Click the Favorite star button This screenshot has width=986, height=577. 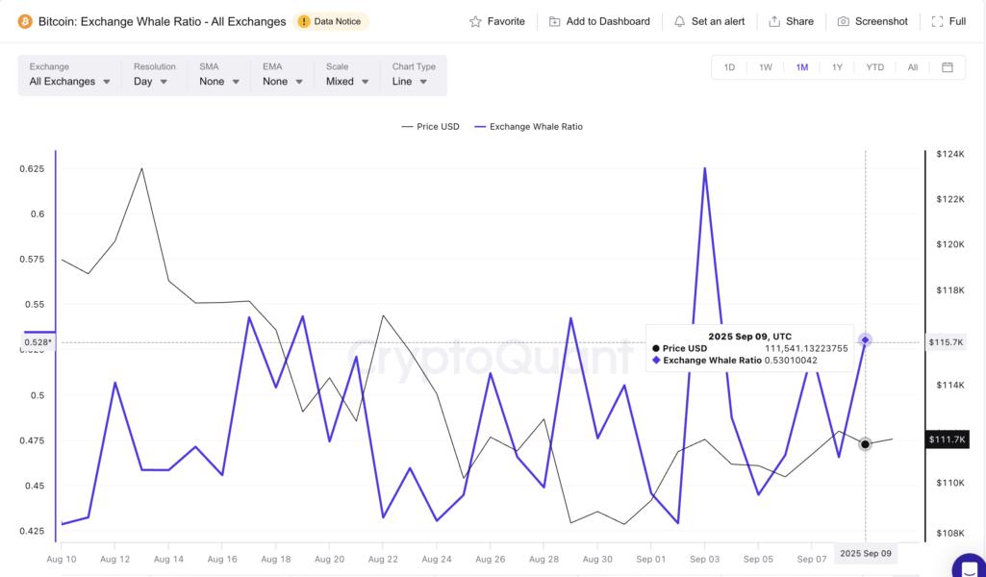[496, 21]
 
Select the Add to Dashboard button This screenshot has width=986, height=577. [599, 21]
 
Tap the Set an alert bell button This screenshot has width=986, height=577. [708, 21]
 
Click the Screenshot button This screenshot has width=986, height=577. [872, 21]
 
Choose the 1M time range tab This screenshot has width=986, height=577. [801, 67]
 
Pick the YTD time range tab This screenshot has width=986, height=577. [874, 67]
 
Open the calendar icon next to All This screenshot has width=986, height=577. [948, 67]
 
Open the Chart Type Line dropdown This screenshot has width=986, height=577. [410, 82]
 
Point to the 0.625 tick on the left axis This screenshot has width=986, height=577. [32, 168]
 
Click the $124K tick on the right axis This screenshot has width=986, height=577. [949, 154]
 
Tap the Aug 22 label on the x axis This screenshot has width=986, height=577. [383, 559]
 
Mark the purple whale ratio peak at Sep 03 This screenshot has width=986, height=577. [705, 168]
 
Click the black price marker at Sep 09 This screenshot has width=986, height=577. [866, 443]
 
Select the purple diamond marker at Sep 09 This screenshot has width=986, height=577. [866, 339]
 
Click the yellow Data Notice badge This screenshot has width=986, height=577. [331, 21]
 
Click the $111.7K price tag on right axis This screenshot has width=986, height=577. [946, 439]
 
